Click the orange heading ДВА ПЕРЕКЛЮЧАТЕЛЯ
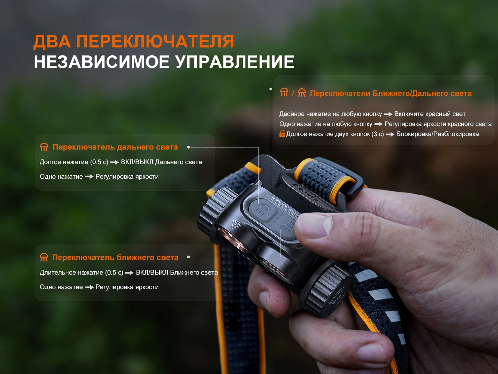click(133, 42)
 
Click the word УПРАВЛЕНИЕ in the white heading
click(235, 62)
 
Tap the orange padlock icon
click(282, 133)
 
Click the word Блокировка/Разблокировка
click(437, 134)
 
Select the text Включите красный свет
click(430, 114)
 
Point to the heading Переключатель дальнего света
click(115, 147)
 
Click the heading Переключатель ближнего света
click(115, 257)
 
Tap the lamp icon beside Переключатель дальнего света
click(44, 147)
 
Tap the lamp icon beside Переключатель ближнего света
click(44, 257)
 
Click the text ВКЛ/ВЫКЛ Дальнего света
click(161, 162)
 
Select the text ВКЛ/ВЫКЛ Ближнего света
click(177, 272)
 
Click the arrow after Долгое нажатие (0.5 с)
click(114, 162)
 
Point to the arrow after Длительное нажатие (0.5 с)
click(129, 273)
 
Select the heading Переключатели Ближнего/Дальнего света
click(391, 93)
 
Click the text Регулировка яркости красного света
click(438, 124)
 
